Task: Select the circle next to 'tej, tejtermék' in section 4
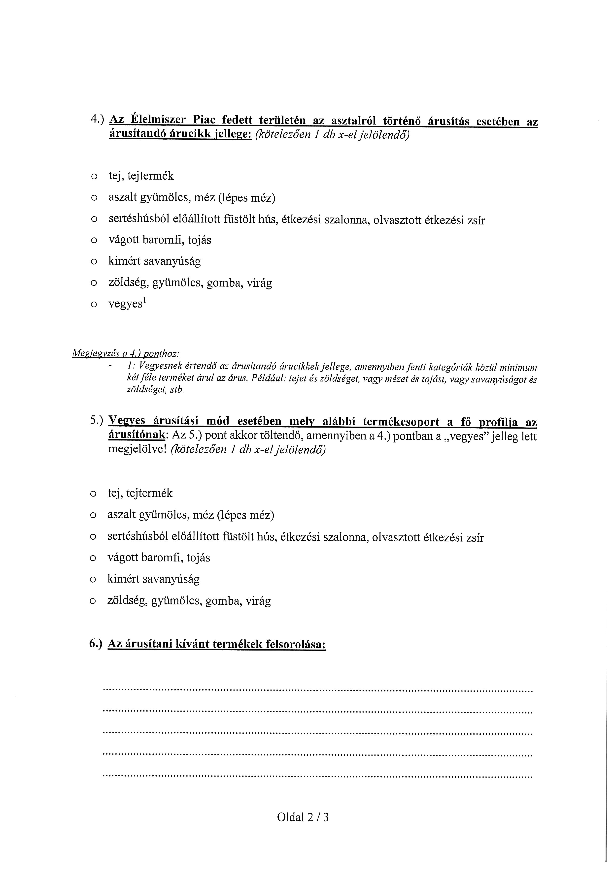pyautogui.click(x=94, y=177)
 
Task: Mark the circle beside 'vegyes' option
pyautogui.click(x=94, y=305)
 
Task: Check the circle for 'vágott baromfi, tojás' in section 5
pyautogui.click(x=93, y=559)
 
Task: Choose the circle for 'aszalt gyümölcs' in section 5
pyautogui.click(x=93, y=516)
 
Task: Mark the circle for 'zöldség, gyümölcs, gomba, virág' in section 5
pyautogui.click(x=93, y=602)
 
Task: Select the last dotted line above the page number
pyautogui.click(x=318, y=776)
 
